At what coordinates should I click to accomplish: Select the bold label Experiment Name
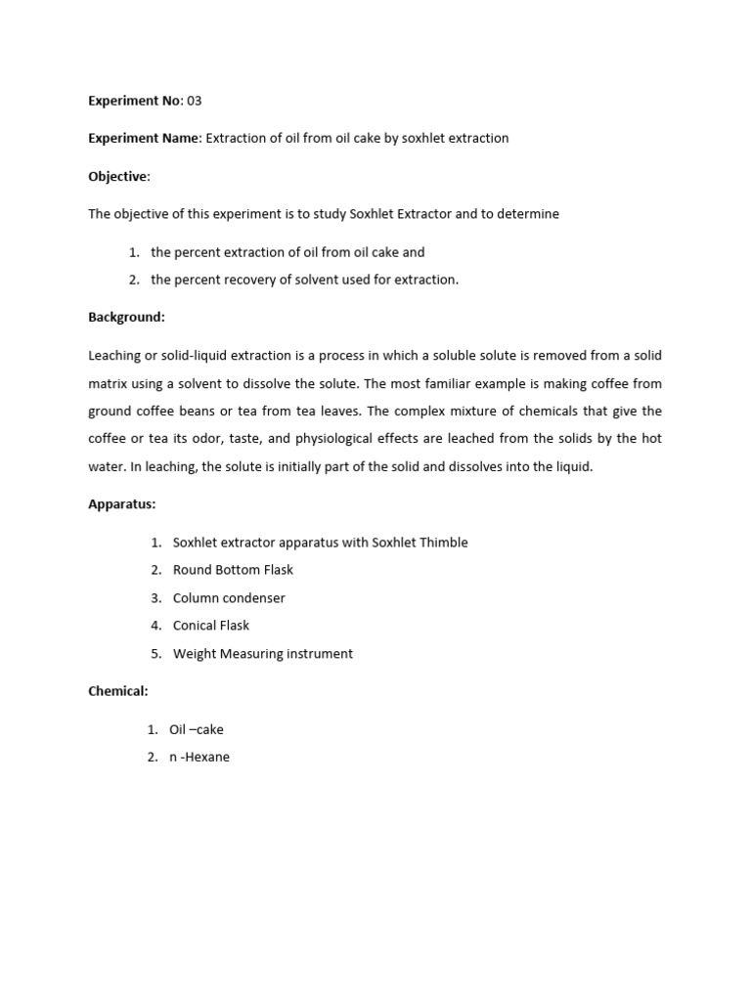pyautogui.click(x=143, y=138)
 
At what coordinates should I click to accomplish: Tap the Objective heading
pyautogui.click(x=118, y=176)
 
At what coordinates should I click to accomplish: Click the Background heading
pyautogui.click(x=126, y=318)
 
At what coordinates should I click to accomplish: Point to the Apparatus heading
pyautogui.click(x=121, y=504)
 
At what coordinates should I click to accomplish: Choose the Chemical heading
pyautogui.click(x=117, y=691)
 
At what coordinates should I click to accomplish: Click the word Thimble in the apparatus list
pyautogui.click(x=444, y=543)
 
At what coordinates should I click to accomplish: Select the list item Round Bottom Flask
pyautogui.click(x=233, y=570)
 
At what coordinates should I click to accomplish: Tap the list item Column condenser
pyautogui.click(x=229, y=597)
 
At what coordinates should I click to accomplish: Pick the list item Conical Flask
pyautogui.click(x=211, y=626)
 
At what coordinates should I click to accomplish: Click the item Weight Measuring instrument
pyautogui.click(x=262, y=654)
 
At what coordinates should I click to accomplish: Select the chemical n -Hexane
pyautogui.click(x=199, y=757)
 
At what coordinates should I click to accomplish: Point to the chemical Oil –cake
pyautogui.click(x=197, y=729)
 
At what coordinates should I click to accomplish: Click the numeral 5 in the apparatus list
pyautogui.click(x=155, y=654)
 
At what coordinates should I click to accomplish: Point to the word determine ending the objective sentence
pyautogui.click(x=527, y=214)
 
